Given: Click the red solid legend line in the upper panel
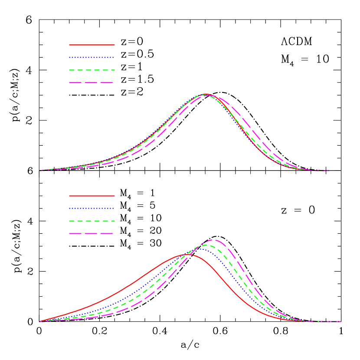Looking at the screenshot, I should [x=92, y=45].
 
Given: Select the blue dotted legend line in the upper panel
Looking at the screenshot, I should [x=92, y=57].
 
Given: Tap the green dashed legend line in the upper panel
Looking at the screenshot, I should [x=92, y=70].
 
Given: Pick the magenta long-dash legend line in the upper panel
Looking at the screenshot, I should [x=92, y=82].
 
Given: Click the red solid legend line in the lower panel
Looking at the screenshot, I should [x=92, y=196].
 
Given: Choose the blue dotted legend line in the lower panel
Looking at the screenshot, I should [x=92, y=208].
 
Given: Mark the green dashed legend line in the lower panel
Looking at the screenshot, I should [x=92, y=221].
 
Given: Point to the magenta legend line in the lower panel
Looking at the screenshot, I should [x=92, y=233].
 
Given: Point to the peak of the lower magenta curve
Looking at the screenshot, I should [x=213, y=239].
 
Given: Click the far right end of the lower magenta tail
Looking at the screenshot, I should [x=341, y=321].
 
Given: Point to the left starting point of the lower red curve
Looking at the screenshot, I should [x=40, y=321].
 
